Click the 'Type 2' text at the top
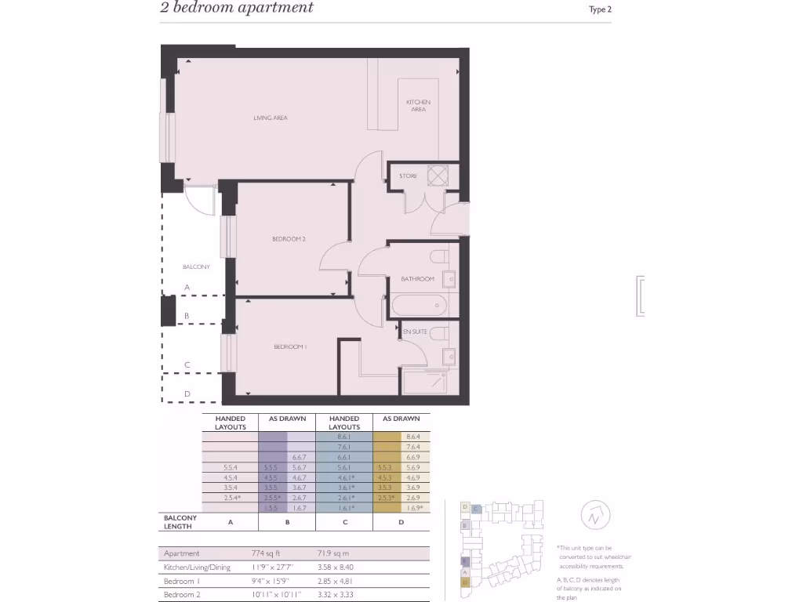(x=600, y=10)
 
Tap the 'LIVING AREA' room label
(x=270, y=118)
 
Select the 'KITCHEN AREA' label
(x=418, y=106)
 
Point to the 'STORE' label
(x=409, y=176)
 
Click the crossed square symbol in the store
(x=438, y=176)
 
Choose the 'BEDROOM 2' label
(x=289, y=239)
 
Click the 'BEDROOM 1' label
(x=290, y=347)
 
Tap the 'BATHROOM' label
(x=417, y=279)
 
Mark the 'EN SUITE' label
(x=415, y=332)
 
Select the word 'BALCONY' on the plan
(x=196, y=267)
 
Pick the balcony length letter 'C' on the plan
(x=187, y=365)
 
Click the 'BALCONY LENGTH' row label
(x=180, y=522)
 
